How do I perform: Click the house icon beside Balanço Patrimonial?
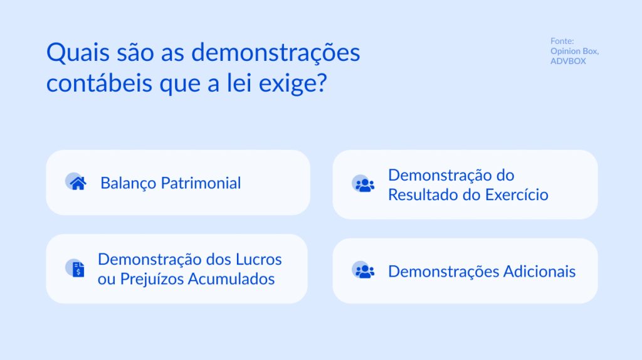[x=78, y=183]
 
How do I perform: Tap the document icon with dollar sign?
[x=78, y=269]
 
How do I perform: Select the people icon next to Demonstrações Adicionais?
[x=364, y=271]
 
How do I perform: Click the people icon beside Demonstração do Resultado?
[x=364, y=184]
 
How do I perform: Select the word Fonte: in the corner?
[x=562, y=41]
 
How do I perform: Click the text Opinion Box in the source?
[x=574, y=51]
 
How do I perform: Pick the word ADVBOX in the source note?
[x=568, y=61]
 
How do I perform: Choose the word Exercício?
[x=517, y=194]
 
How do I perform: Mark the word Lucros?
[x=258, y=259]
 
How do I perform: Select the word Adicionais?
[x=539, y=272]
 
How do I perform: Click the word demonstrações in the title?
[x=275, y=53]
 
